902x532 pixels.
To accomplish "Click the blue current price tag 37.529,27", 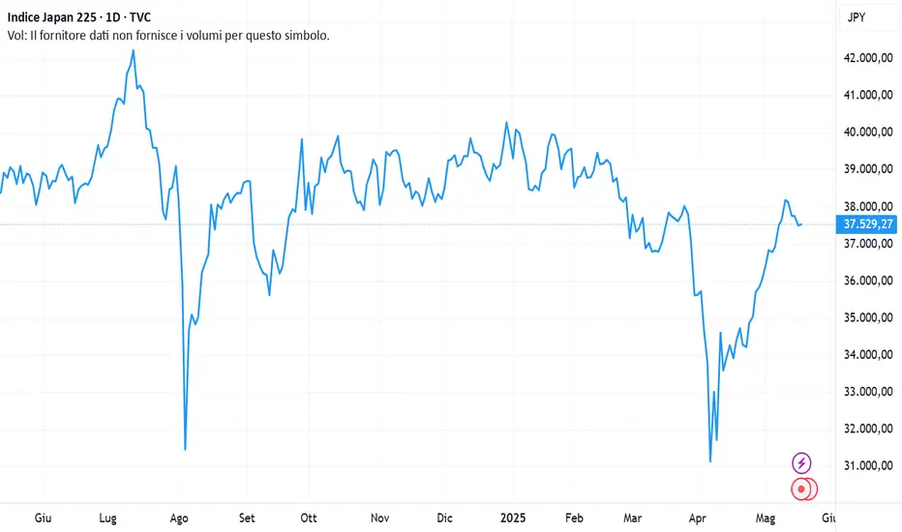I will click(x=868, y=224).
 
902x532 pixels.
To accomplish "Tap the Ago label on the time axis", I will click(x=179, y=517).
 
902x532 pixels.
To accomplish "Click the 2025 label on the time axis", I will click(x=513, y=517).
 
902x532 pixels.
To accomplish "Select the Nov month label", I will click(x=380, y=517).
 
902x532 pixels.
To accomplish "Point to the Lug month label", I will click(x=108, y=517).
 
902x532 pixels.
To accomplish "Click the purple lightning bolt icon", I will click(x=801, y=463).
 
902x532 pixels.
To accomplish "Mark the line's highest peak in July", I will click(x=133, y=50).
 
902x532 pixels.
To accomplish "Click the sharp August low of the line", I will click(x=185, y=449).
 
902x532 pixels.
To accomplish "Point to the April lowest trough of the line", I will click(x=710, y=460).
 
